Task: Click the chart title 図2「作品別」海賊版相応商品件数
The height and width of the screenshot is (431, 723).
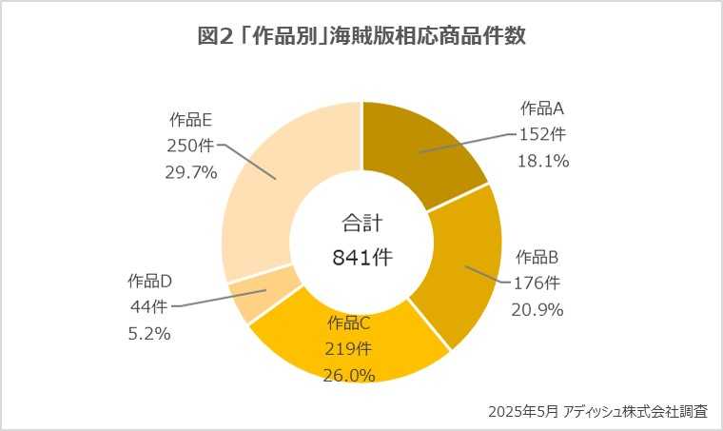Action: coord(361,37)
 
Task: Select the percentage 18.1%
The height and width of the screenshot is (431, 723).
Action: coord(543,161)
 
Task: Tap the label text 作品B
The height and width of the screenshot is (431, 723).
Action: coord(537,256)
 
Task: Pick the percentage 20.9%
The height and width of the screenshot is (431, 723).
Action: coord(537,309)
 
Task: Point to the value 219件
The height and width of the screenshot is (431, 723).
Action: coord(350,348)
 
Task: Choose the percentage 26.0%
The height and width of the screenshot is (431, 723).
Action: coord(350,375)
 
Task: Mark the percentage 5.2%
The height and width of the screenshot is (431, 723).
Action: coord(148,333)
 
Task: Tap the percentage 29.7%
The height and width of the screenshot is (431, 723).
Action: coord(191,172)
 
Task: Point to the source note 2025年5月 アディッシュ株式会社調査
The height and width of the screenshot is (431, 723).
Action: coord(597,412)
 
